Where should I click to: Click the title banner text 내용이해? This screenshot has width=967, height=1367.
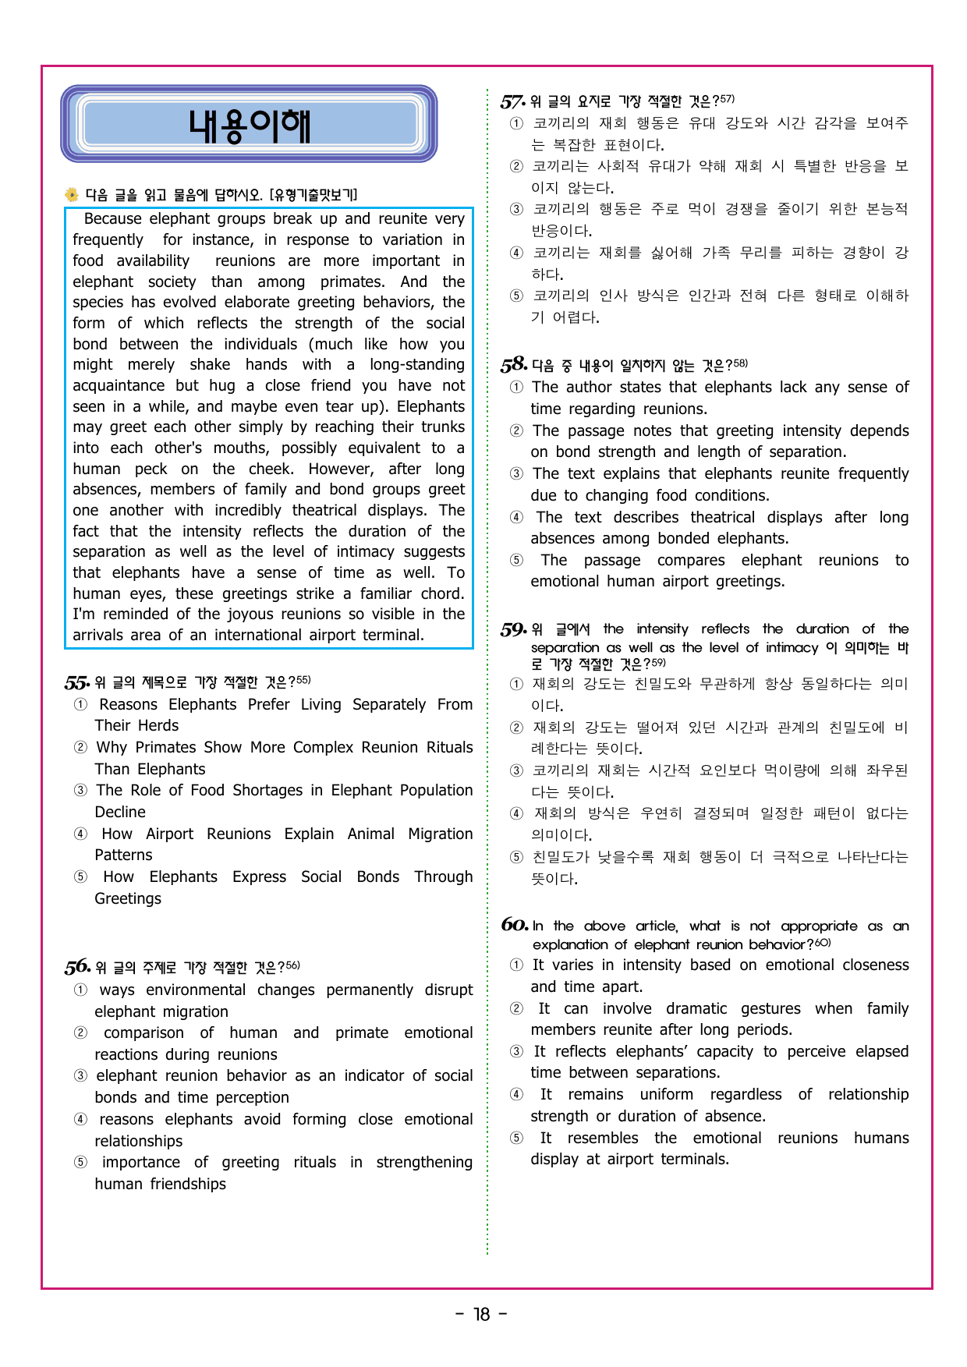click(250, 125)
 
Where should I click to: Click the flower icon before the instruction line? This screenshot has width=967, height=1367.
click(72, 195)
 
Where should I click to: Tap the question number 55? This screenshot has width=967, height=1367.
click(76, 683)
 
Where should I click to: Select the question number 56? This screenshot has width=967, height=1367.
click(77, 968)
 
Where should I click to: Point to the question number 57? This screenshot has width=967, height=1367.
click(512, 101)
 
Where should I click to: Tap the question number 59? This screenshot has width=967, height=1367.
click(513, 629)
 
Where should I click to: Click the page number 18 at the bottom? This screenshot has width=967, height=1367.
click(482, 1315)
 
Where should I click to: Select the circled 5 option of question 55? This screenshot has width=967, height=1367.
click(80, 877)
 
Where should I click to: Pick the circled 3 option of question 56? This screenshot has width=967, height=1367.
click(80, 1076)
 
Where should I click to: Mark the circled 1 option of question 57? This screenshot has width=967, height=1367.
click(516, 123)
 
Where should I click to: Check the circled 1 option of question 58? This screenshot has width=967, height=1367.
click(516, 388)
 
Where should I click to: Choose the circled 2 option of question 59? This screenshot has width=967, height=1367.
click(516, 728)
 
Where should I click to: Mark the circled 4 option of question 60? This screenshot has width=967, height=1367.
click(516, 1095)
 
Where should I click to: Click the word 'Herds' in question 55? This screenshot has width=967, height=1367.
click(158, 725)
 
